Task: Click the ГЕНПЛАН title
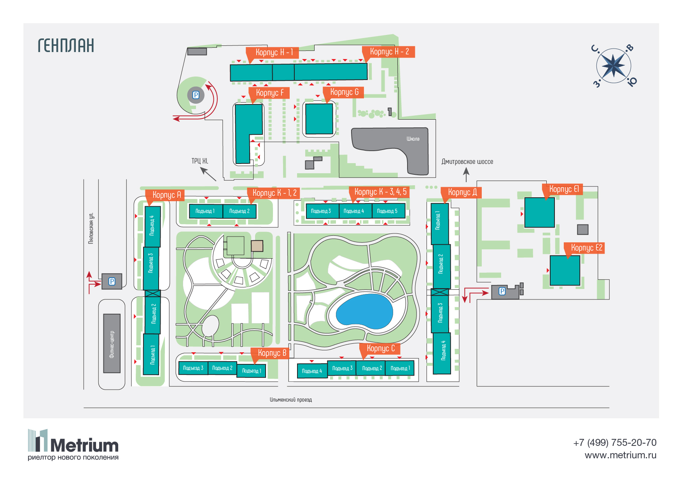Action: coord(66,45)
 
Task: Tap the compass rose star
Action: coord(613,65)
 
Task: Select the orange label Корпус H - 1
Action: coord(274,52)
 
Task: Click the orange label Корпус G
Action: coord(344,92)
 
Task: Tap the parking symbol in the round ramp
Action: coord(196,95)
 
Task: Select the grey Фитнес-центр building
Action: coord(112,343)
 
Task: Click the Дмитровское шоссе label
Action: coord(467,162)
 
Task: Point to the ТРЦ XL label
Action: coord(199,161)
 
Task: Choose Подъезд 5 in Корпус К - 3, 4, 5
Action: coord(387,211)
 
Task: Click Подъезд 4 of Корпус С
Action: coord(312,371)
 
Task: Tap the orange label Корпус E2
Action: coord(586,248)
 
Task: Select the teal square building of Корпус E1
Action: coord(539,212)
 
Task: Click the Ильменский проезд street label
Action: coord(291,400)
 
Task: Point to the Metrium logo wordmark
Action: coord(84,445)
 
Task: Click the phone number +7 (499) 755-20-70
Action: coord(614,442)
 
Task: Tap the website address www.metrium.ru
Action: coord(620,455)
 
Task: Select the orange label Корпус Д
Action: coord(462,192)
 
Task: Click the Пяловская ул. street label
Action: coord(91,228)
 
